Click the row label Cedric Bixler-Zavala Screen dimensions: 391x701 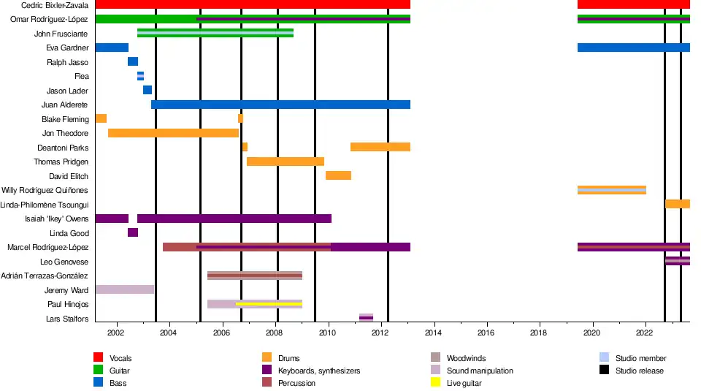[x=55, y=5]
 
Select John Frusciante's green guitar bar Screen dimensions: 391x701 [x=215, y=33]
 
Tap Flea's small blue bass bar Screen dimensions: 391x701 [x=140, y=76]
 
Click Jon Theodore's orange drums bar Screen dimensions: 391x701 [x=173, y=133]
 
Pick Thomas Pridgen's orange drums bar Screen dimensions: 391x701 [x=285, y=162]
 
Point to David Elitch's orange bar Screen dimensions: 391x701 [x=338, y=175]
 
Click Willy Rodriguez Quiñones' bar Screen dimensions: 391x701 [x=611, y=190]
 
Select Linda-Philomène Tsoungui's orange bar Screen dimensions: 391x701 [x=677, y=204]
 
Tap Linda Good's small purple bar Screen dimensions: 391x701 [x=133, y=232]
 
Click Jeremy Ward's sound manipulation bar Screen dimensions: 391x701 [x=124, y=289]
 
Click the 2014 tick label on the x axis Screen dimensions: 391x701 [x=434, y=333]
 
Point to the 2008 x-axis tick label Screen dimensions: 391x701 [x=275, y=333]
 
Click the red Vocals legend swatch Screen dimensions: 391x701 [x=98, y=357]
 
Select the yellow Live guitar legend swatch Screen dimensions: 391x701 [x=435, y=383]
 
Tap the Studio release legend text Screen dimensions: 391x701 [x=640, y=371]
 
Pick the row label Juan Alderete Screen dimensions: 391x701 [x=64, y=105]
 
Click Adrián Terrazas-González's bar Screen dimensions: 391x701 [x=255, y=276]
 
